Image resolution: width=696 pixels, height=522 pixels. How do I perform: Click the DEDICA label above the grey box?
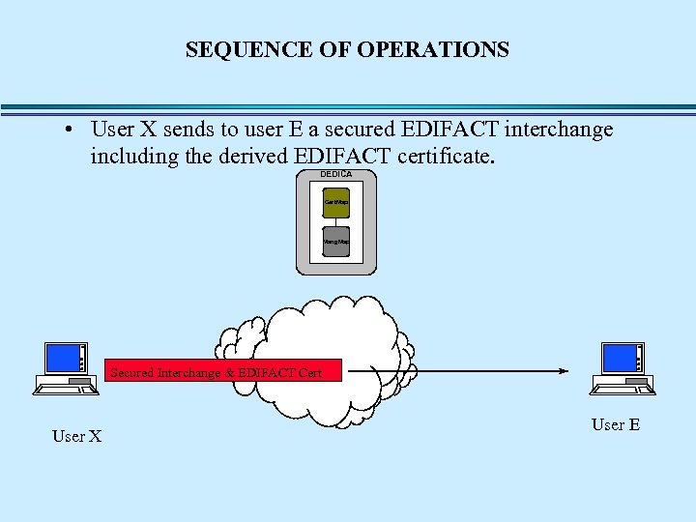tap(335, 174)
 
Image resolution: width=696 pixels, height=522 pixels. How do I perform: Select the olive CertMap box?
tap(335, 202)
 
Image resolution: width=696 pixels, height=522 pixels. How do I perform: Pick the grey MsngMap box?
tap(335, 241)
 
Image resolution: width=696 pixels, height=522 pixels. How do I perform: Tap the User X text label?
tap(76, 436)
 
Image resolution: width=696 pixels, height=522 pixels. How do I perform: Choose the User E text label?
tap(616, 424)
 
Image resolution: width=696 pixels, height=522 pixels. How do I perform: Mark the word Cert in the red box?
tap(309, 372)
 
